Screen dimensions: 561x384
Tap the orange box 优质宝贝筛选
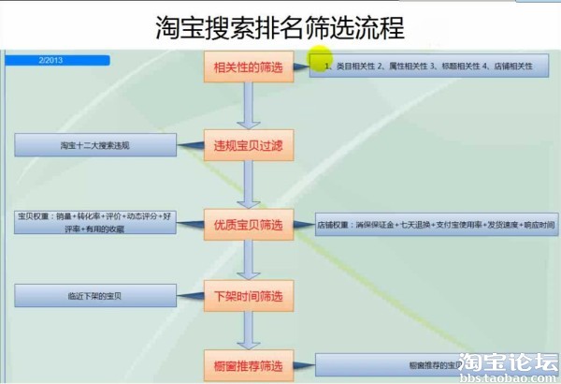coord(248,225)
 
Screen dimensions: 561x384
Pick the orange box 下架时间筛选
coord(248,296)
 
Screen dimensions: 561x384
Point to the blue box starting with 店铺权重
coord(435,225)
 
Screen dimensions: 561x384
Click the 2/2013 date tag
coord(56,60)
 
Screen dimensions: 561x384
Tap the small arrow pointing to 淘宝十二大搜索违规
coord(191,145)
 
